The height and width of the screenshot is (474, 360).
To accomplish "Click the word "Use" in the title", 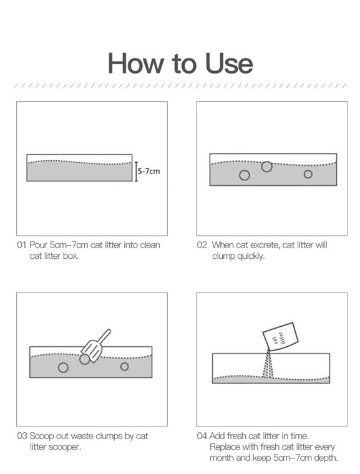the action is point(229,63).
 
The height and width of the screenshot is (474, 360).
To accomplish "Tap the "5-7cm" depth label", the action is point(149,171).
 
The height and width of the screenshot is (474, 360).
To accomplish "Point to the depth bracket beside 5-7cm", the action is point(136,172).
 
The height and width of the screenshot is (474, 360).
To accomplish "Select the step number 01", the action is point(21,245).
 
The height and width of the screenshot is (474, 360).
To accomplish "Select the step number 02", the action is point(202,245).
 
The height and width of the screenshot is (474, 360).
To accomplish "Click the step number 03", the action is point(22,436).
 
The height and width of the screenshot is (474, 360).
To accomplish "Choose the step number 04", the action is point(202,436).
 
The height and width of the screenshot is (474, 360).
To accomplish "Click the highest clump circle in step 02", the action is point(266,167).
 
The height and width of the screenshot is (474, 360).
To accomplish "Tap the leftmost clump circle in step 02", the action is point(245,175).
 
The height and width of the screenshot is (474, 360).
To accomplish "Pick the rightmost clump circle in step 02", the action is point(308,174).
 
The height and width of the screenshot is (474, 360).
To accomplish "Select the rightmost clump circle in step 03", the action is point(124,366).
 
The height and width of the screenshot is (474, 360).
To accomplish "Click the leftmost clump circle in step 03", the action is point(63,367).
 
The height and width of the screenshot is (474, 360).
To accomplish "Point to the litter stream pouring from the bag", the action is point(268,364).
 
